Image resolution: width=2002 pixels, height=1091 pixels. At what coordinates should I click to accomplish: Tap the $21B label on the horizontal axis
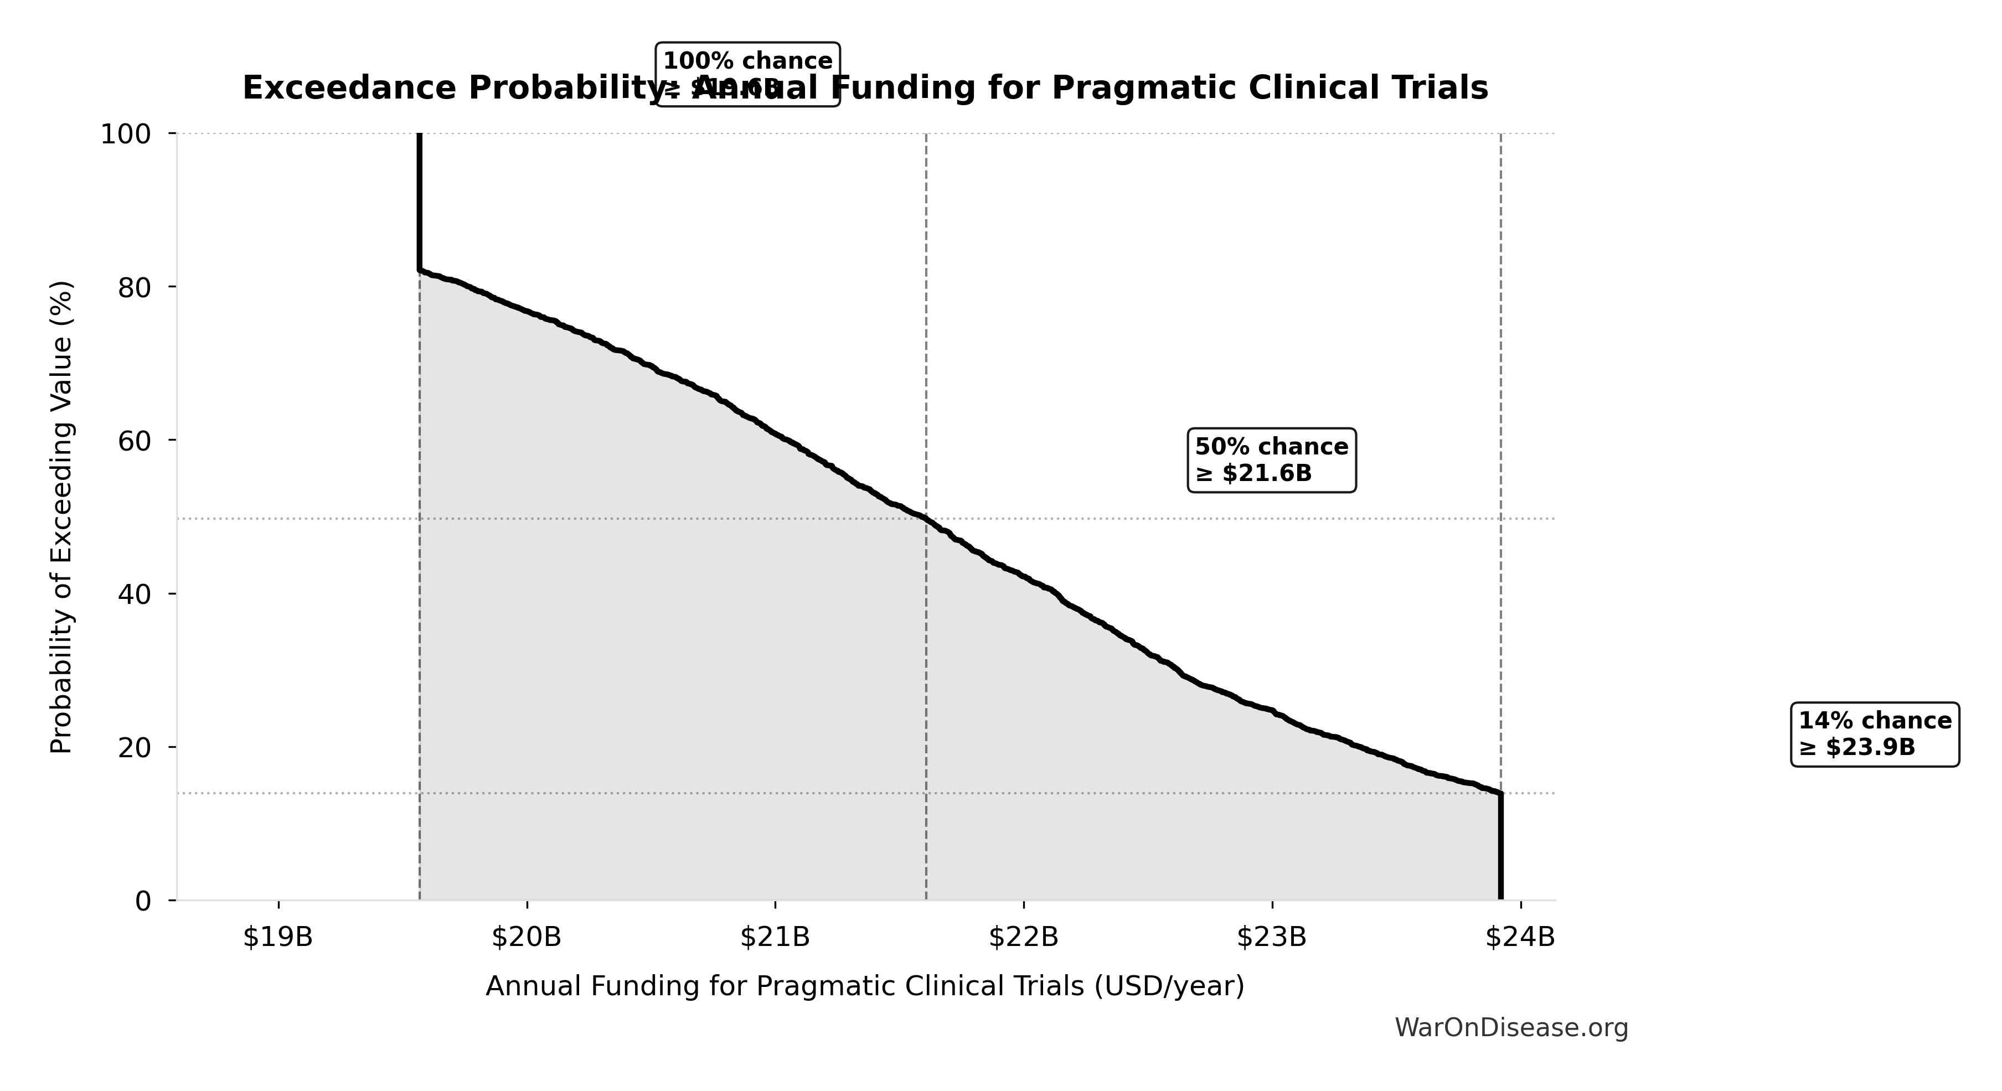[775, 938]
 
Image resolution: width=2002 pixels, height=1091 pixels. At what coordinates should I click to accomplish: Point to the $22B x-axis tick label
[1024, 938]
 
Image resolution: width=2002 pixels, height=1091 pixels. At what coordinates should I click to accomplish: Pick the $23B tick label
[1271, 938]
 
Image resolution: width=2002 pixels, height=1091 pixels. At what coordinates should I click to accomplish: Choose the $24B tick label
[1520, 938]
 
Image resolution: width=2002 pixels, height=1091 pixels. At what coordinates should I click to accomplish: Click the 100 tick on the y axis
[125, 135]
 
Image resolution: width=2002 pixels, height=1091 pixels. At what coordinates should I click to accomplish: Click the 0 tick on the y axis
[143, 901]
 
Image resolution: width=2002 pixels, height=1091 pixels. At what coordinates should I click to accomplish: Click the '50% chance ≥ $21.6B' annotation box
[1271, 459]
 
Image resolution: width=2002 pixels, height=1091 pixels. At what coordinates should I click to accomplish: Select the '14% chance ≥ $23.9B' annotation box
[1875, 735]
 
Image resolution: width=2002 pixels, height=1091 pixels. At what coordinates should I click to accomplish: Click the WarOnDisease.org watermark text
[1511, 1028]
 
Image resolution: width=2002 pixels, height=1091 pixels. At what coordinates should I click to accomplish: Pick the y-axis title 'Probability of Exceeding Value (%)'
[61, 517]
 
